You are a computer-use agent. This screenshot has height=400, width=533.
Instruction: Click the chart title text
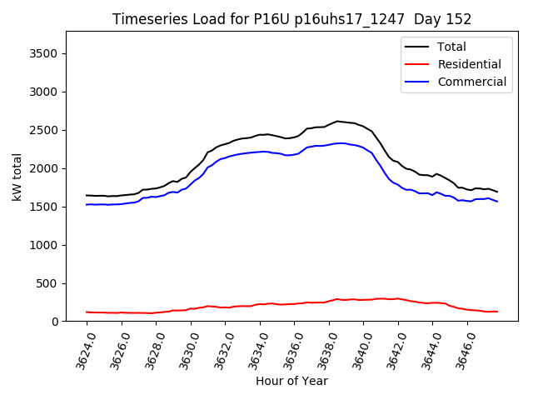291,19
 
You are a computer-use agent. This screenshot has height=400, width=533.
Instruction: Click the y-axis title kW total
17,177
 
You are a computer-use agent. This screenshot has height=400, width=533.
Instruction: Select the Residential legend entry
469,64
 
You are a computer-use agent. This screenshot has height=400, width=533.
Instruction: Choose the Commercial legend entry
471,82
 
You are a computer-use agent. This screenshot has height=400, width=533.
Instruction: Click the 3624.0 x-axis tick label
82,350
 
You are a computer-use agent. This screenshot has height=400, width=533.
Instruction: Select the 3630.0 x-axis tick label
185,350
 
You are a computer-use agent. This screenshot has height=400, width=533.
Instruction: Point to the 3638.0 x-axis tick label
323,350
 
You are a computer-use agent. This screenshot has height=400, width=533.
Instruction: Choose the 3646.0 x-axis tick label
461,350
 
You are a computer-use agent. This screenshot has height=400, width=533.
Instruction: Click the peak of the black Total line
337,121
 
